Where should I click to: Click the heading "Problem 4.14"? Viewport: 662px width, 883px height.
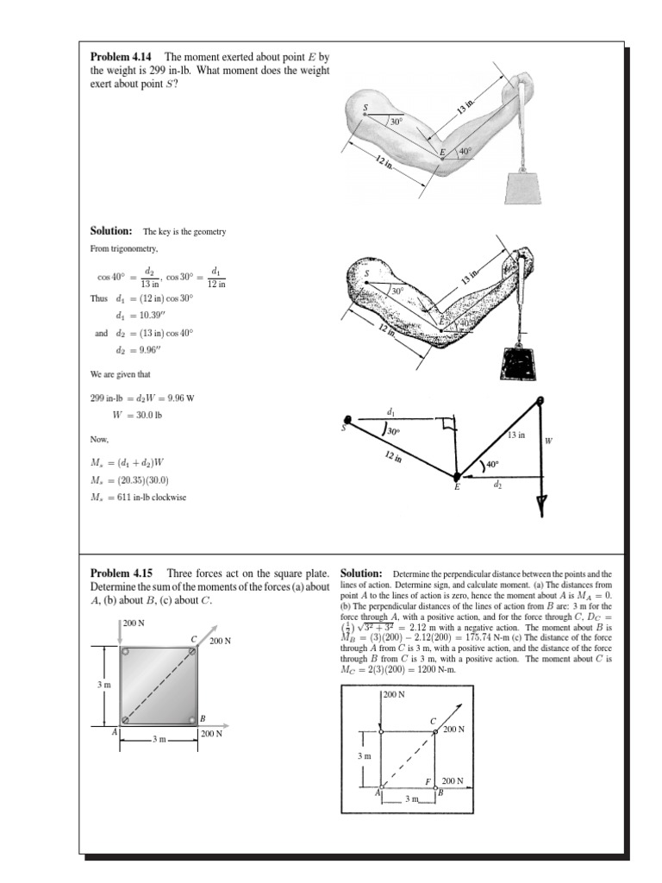tap(122, 57)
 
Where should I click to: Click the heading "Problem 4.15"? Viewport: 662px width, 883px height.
tap(122, 573)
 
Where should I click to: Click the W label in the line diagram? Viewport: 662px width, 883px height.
tap(548, 440)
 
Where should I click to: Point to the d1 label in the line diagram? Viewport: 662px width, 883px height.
tap(392, 411)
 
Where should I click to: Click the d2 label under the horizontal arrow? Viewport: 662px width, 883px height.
tap(497, 486)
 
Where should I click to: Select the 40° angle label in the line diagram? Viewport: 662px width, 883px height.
tap(492, 464)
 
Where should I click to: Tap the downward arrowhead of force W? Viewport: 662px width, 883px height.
tap(541, 507)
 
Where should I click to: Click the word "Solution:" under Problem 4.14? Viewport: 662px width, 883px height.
tap(111, 231)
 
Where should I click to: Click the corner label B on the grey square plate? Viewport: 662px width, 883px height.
tap(203, 718)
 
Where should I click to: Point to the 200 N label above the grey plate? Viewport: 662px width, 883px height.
tap(134, 623)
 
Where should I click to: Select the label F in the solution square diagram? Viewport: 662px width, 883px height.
tap(428, 781)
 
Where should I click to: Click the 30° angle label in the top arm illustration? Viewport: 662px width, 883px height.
tap(397, 122)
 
